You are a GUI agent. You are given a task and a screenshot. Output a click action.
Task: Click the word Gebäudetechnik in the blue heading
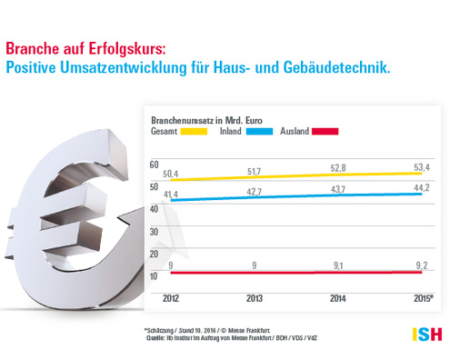tap(335, 67)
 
